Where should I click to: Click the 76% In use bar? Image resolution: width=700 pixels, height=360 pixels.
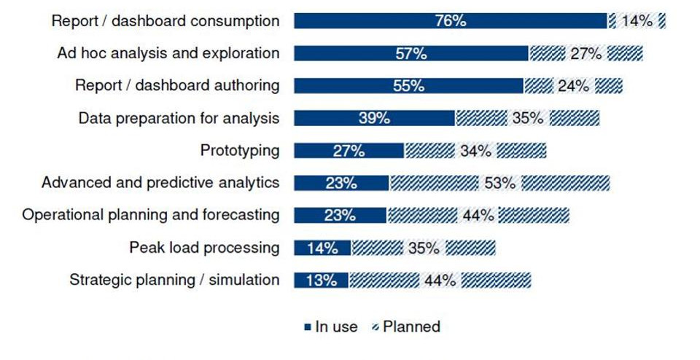[x=451, y=21]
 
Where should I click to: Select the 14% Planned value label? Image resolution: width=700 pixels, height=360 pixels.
[x=637, y=21]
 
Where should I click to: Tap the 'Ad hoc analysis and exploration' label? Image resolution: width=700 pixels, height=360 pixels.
[x=168, y=53]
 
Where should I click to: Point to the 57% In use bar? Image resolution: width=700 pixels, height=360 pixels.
[x=411, y=53]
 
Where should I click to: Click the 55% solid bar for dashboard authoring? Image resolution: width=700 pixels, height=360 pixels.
[x=408, y=85]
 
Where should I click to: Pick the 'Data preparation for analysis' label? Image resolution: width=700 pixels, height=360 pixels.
[x=179, y=118]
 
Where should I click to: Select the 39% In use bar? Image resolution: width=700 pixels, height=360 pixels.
[x=374, y=118]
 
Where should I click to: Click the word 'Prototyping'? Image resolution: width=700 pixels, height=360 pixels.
[x=239, y=151]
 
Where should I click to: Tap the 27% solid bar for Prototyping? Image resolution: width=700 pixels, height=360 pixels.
[x=349, y=151]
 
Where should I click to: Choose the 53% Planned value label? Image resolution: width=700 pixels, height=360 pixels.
[x=499, y=183]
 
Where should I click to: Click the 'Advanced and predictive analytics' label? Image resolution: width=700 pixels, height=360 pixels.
[x=160, y=182]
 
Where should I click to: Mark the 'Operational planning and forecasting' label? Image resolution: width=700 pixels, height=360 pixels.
[x=151, y=215]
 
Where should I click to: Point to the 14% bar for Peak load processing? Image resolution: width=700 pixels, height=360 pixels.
[x=322, y=248]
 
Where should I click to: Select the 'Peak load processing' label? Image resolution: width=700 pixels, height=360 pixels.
[x=204, y=248]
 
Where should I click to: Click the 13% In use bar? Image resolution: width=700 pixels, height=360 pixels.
[x=321, y=280]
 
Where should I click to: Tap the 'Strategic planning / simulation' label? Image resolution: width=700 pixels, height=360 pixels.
[x=174, y=280]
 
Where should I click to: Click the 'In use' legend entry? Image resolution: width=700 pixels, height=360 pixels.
[x=332, y=326]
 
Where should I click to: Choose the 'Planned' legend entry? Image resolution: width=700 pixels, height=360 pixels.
[x=406, y=326]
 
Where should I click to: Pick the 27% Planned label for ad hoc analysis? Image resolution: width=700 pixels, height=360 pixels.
[x=586, y=53]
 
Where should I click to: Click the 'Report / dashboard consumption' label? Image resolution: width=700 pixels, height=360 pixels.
[x=165, y=21]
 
